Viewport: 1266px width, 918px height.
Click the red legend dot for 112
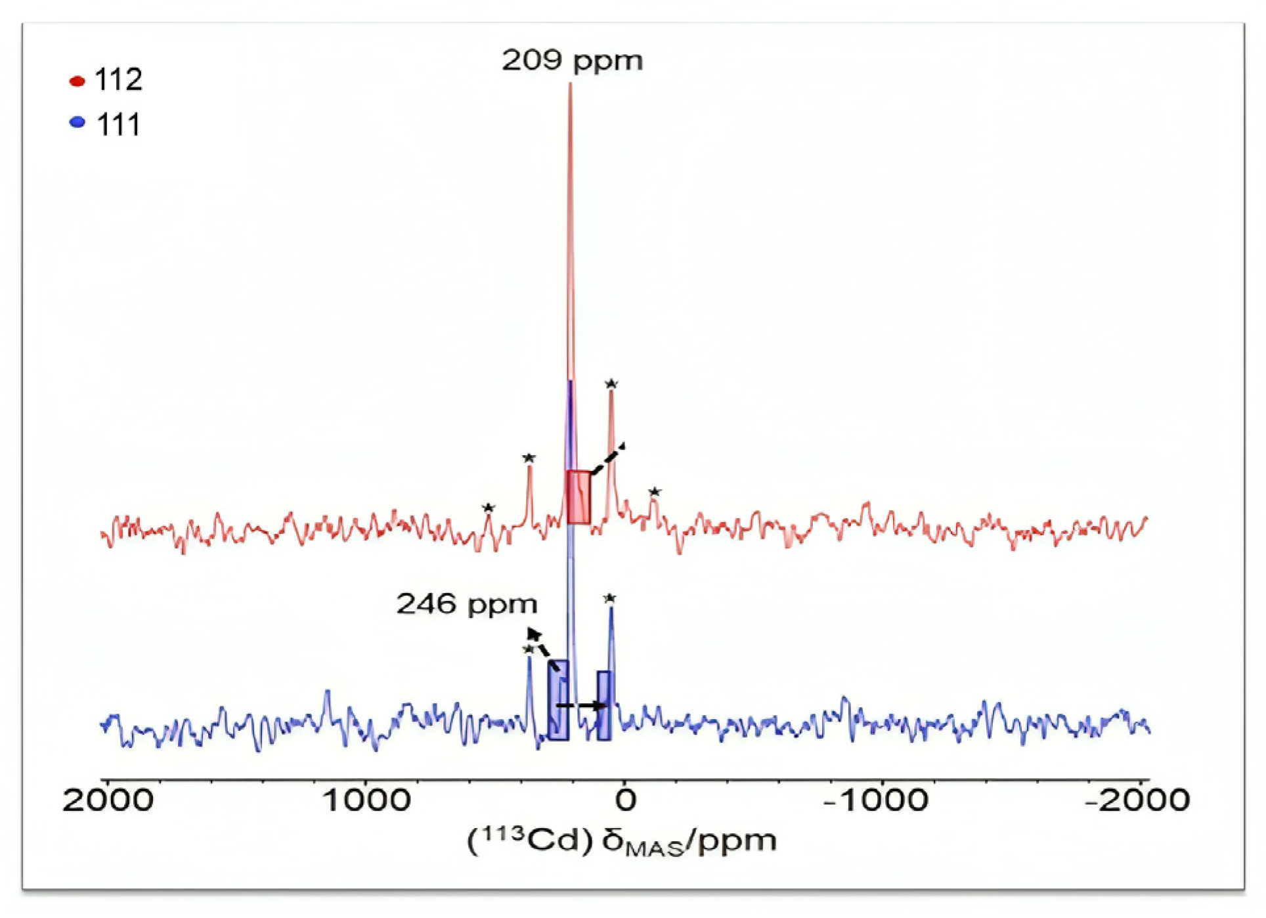(x=77, y=81)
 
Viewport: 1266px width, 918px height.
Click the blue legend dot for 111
(x=77, y=122)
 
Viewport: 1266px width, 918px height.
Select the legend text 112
(x=118, y=80)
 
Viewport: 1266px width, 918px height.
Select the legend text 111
(x=118, y=125)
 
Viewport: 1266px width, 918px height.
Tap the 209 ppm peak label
(x=572, y=61)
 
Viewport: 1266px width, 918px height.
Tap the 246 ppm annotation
(x=466, y=604)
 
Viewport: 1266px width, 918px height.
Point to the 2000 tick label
(x=108, y=800)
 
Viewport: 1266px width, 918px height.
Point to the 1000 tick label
(x=366, y=800)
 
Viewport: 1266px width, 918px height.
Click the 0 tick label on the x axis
(x=625, y=800)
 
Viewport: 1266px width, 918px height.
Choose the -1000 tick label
(x=876, y=800)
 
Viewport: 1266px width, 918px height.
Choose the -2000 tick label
(x=1137, y=800)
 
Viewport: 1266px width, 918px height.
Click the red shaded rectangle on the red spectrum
(x=578, y=497)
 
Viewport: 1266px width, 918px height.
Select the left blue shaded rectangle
(x=558, y=700)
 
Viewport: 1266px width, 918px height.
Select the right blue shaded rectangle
(x=605, y=705)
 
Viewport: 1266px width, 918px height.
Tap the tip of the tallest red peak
(x=570, y=85)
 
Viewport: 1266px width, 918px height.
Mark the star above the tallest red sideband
(x=611, y=383)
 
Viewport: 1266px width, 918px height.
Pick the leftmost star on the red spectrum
(x=488, y=508)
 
